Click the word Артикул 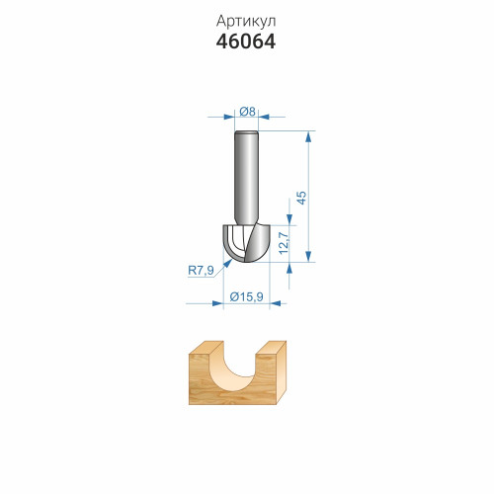tap(246, 22)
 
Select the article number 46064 tap(246, 41)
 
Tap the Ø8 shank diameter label tap(247, 112)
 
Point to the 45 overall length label tap(301, 198)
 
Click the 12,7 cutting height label tap(284, 243)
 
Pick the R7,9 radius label tap(201, 271)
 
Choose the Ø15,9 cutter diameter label tap(246, 297)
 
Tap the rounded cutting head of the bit tap(246, 243)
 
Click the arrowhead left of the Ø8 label tap(229, 117)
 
